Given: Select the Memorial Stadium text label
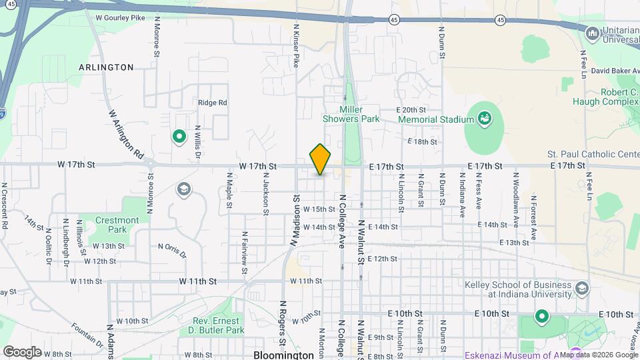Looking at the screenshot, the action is click(x=435, y=119).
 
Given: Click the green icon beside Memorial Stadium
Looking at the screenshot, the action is click(x=485, y=119).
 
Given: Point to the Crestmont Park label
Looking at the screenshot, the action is click(x=117, y=225).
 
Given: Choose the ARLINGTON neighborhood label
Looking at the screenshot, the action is click(x=106, y=67).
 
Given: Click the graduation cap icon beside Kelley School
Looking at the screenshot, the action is click(x=582, y=289).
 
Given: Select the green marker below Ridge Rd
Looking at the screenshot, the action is click(x=179, y=137).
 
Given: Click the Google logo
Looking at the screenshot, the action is click(x=22, y=351).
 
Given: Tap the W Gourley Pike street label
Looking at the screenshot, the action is click(x=121, y=18).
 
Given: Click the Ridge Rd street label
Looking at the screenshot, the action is click(x=213, y=103).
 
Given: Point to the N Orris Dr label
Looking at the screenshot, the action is click(x=173, y=249).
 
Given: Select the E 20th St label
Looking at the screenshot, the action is click(x=411, y=109).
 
